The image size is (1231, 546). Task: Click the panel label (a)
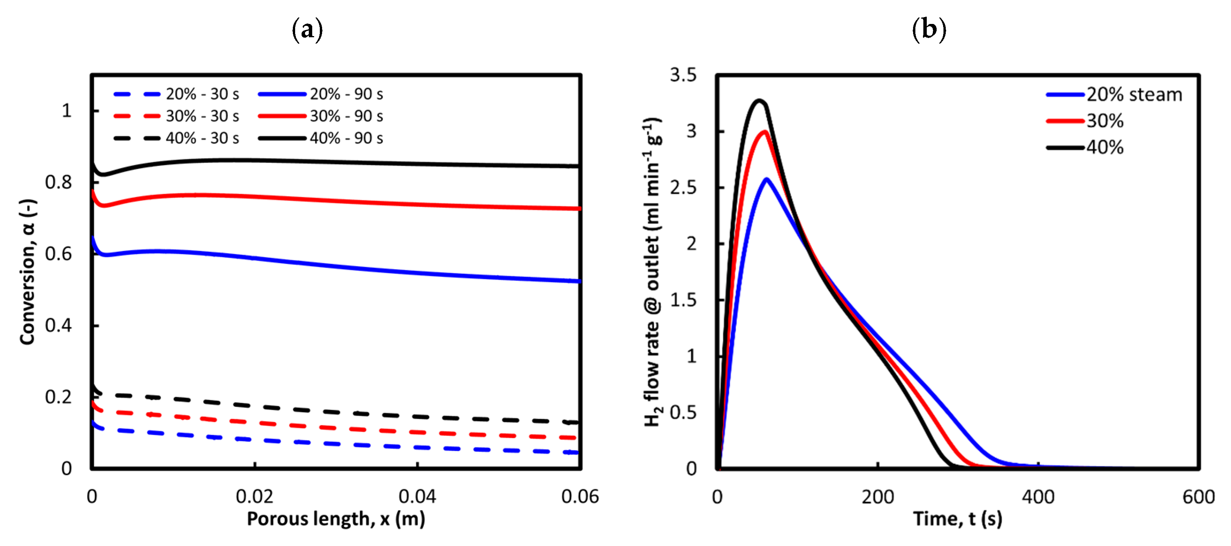click(x=307, y=30)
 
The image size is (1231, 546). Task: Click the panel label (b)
click(x=929, y=30)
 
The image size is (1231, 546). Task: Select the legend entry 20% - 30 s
click(x=202, y=94)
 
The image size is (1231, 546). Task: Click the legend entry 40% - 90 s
click(x=346, y=138)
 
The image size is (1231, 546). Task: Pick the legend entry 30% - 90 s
click(x=346, y=116)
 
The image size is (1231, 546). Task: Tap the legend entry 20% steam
click(x=1134, y=95)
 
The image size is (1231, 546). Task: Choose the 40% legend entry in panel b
click(x=1105, y=147)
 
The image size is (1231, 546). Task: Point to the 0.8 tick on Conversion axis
click(x=58, y=182)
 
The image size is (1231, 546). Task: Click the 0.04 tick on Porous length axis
click(x=417, y=496)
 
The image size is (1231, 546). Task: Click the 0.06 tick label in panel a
click(x=580, y=496)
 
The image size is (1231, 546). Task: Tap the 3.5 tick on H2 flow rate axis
click(x=683, y=75)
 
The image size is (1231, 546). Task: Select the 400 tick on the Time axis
click(x=1038, y=497)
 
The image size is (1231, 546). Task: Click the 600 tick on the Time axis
click(x=1198, y=497)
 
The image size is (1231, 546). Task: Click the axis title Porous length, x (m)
click(x=335, y=519)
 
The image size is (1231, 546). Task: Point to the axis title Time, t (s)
click(x=957, y=519)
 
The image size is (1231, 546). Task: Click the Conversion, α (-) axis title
click(x=28, y=272)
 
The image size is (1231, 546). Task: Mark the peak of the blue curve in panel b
click(x=766, y=179)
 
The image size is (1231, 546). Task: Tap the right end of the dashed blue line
click(x=577, y=452)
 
